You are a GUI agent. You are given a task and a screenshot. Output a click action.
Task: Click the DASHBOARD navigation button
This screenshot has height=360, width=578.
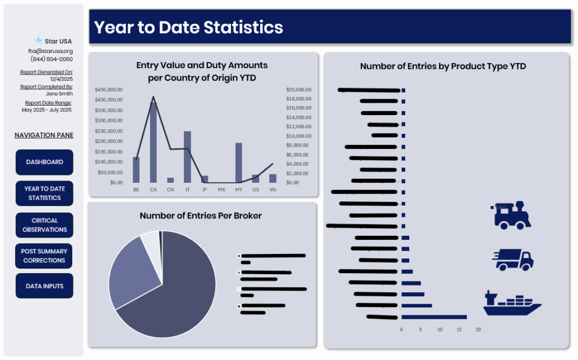44,162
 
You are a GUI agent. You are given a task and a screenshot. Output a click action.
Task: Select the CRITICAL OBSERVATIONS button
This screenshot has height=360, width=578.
44,225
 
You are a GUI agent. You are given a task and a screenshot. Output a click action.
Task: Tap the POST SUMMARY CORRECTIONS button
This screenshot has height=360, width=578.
44,256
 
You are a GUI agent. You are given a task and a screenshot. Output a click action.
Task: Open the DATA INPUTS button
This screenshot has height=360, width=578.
44,286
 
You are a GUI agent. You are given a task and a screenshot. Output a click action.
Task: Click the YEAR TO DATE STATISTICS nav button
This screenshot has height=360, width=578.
44,194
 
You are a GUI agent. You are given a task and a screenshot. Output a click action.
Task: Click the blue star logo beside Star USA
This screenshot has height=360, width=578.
38,41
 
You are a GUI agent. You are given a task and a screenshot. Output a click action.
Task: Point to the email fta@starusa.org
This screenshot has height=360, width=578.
50,51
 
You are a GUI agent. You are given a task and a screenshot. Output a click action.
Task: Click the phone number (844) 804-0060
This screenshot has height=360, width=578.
51,59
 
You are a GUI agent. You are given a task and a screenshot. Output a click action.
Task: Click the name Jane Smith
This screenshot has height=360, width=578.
59,94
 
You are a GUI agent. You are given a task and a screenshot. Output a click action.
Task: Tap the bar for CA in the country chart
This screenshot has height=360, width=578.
153,142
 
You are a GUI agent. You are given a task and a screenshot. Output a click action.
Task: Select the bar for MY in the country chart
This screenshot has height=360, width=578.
239,163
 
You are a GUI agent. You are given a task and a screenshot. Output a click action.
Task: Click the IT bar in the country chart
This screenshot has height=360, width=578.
187,156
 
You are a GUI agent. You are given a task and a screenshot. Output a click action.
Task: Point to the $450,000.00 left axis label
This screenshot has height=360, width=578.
108,90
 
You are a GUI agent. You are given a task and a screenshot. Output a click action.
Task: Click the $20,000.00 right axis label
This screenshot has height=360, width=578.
299,90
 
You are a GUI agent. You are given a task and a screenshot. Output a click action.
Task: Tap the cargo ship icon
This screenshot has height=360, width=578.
511,303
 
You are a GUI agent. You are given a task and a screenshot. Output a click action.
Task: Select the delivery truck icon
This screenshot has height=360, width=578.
513,260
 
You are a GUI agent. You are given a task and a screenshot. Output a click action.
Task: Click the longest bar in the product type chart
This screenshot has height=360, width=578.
433,317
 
